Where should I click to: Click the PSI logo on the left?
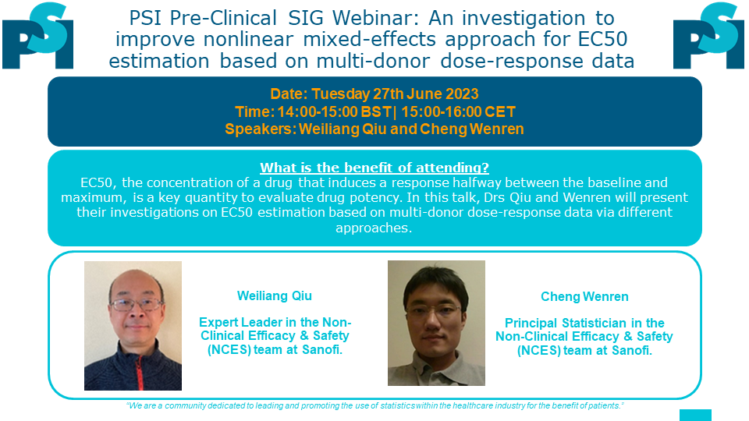37,35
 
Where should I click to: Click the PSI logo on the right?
709,35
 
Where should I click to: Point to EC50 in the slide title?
602,39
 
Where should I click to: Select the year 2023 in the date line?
461,94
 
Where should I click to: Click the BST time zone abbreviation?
376,111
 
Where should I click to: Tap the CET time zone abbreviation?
500,111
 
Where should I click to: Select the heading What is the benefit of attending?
374,168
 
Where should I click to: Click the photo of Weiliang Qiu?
133,326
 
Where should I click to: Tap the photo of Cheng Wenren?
436,323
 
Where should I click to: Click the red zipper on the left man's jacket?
139,373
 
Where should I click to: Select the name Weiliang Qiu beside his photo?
275,296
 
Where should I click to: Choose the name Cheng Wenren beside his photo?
584,296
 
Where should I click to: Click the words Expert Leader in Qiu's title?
242,322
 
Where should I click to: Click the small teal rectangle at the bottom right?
695,416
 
